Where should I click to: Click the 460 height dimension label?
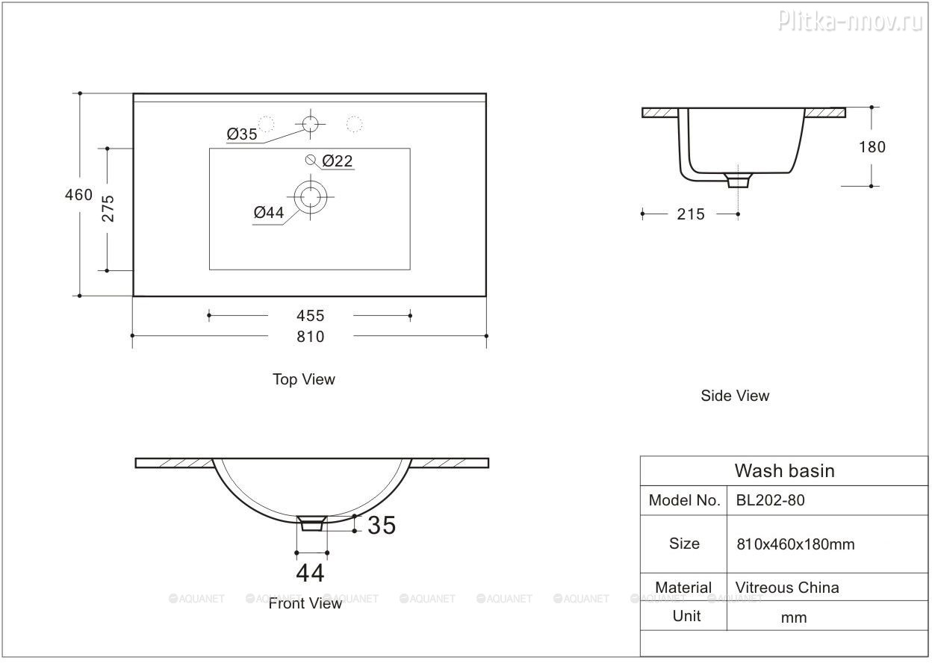point(78,195)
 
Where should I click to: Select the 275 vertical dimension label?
point(108,208)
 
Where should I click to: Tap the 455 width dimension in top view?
point(311,316)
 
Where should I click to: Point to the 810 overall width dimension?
point(311,337)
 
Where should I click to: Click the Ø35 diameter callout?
point(242,134)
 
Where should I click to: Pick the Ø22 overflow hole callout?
point(338,161)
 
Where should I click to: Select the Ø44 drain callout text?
point(269,213)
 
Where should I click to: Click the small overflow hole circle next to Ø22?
point(311,159)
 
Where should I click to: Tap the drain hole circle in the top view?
point(311,197)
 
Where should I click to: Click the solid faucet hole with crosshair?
point(311,123)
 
